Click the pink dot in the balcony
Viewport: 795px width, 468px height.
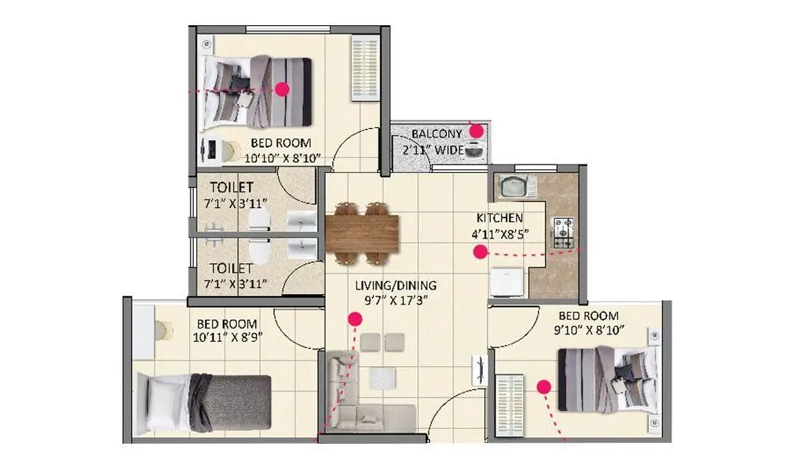(476, 131)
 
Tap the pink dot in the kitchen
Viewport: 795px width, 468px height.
(480, 251)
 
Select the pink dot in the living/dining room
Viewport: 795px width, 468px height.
(355, 320)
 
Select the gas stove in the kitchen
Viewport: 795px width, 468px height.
(564, 232)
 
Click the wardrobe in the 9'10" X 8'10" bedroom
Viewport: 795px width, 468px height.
(512, 404)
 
